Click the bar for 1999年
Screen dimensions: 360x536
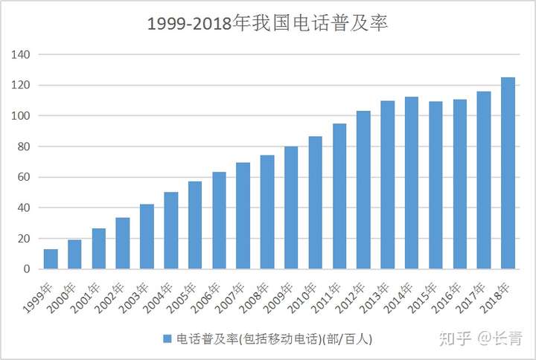[x=51, y=259]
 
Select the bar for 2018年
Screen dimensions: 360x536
[x=508, y=173]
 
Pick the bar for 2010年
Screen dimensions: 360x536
[x=315, y=203]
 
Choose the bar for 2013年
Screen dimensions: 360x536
[x=387, y=185]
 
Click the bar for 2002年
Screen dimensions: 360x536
[x=123, y=243]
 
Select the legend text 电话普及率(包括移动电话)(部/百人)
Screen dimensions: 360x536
[x=272, y=338]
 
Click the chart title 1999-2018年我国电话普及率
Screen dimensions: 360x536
[x=268, y=23]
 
